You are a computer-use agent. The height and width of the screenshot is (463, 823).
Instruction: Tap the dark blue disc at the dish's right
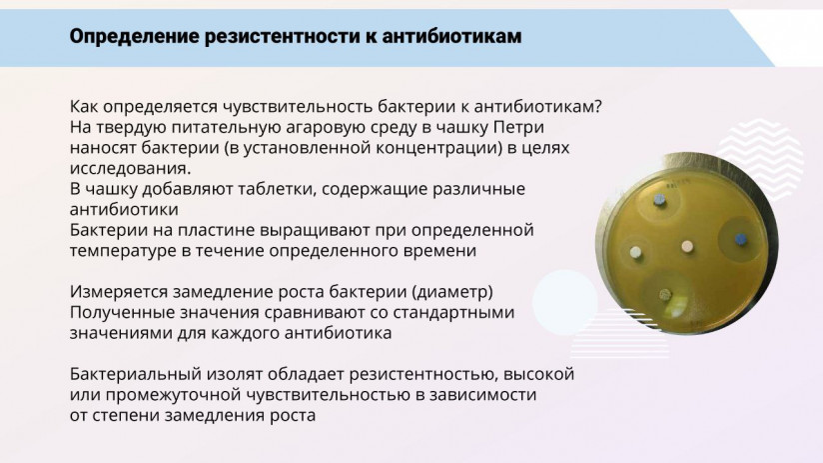(740, 240)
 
